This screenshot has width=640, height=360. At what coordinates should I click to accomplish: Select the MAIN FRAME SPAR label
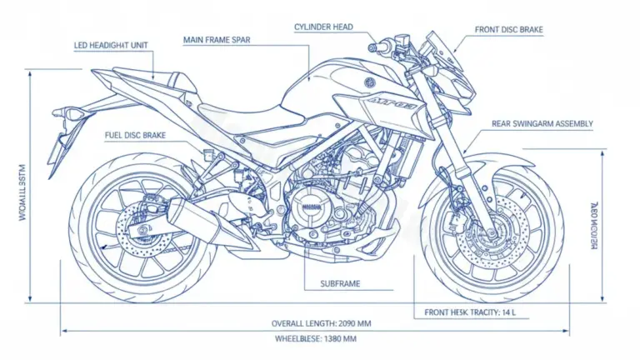[217, 38]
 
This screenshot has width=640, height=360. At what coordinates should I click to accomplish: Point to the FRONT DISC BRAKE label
[508, 30]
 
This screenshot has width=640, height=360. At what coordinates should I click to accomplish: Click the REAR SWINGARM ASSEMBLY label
[542, 123]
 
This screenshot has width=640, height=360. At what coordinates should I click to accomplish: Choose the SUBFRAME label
[340, 284]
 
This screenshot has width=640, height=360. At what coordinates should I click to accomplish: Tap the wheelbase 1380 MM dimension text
[315, 338]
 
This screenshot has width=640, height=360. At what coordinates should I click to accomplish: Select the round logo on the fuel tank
[370, 83]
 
